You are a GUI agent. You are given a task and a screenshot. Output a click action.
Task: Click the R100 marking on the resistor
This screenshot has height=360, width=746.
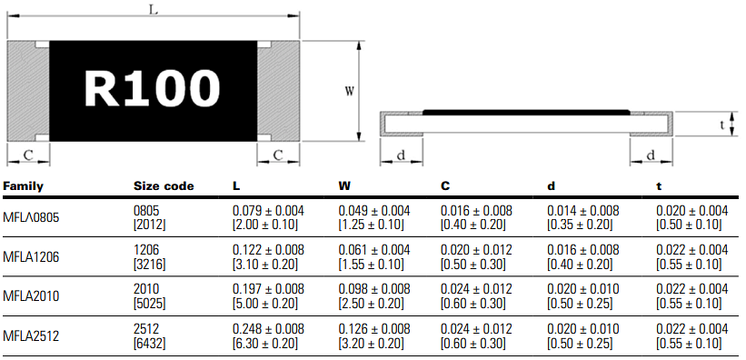tap(153, 89)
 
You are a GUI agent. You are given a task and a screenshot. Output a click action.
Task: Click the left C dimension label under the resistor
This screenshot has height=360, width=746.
tap(28, 155)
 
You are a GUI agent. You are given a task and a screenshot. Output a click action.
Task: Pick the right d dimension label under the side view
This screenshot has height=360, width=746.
tap(651, 155)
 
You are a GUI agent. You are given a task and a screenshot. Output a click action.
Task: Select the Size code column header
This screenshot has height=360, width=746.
tap(164, 186)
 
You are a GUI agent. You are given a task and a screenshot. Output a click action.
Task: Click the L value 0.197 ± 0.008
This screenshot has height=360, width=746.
tap(269, 288)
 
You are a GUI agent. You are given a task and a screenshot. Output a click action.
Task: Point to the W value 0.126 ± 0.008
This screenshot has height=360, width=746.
tap(374, 328)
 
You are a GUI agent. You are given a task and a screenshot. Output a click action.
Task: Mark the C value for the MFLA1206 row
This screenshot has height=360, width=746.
tap(479, 257)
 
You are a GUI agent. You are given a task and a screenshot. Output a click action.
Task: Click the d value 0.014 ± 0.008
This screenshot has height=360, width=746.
tap(584, 210)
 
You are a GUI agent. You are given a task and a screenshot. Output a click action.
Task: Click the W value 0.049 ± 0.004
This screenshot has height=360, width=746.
tap(374, 210)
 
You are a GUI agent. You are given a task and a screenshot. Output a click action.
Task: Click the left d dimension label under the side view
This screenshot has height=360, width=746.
tap(401, 155)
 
